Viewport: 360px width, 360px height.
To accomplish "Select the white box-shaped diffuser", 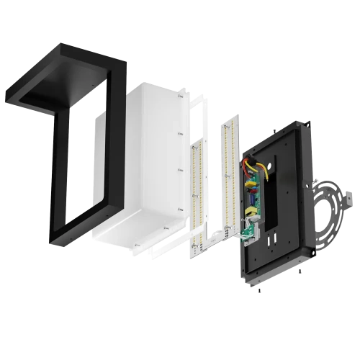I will [137, 166].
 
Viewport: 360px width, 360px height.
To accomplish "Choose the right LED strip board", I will [230, 176].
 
